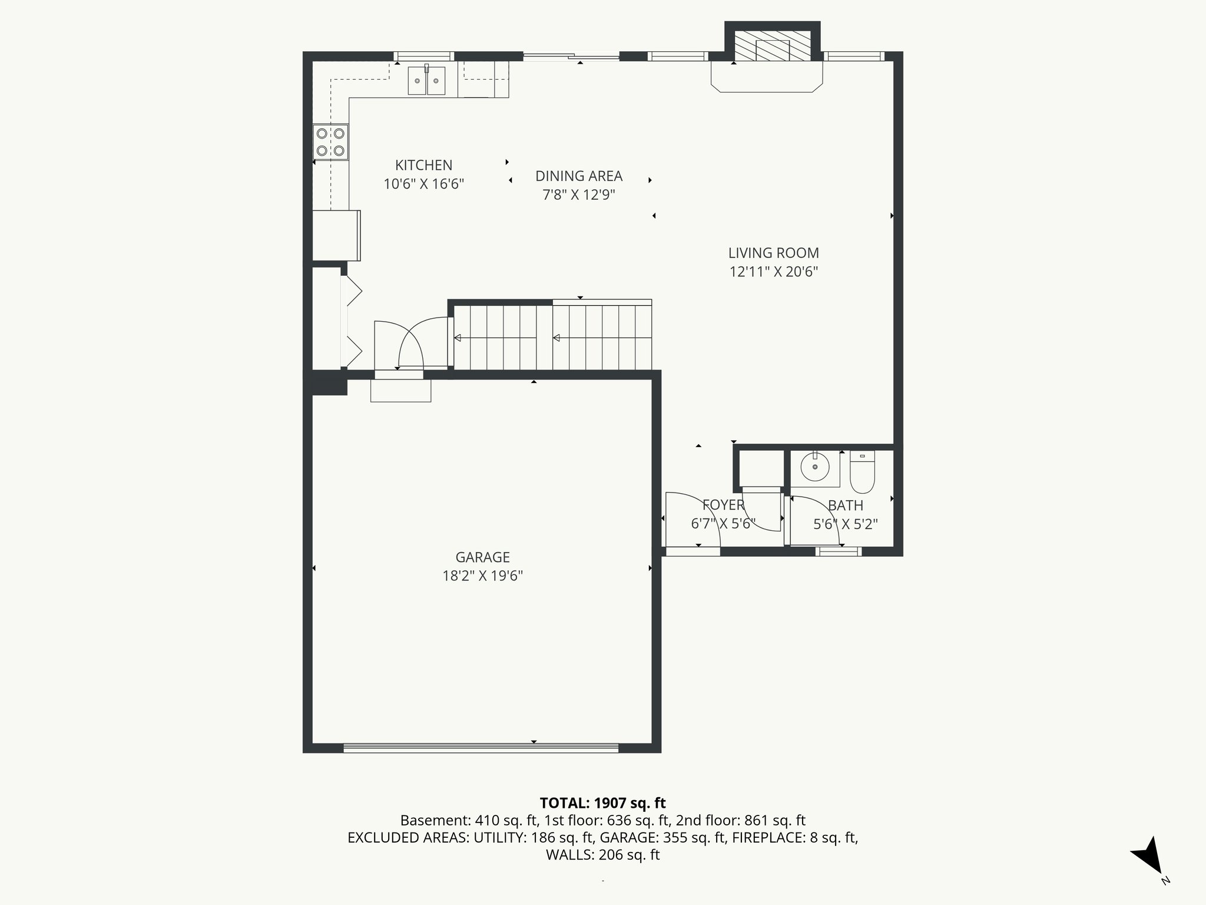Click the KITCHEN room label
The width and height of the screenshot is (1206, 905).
click(423, 166)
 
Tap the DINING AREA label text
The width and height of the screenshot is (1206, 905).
click(579, 176)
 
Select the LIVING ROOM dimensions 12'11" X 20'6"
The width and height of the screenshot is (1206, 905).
click(774, 272)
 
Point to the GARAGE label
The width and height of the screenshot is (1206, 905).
click(482, 557)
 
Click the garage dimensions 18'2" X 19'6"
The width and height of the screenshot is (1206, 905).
click(482, 576)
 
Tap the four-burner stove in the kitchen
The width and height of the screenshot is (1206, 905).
click(330, 142)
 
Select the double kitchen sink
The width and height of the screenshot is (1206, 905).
click(427, 81)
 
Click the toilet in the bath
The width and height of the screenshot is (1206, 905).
click(863, 474)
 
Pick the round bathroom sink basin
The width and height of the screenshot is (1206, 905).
click(815, 468)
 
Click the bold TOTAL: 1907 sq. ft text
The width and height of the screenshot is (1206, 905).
click(602, 803)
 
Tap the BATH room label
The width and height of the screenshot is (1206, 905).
click(846, 506)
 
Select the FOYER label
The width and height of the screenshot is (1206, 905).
click(723, 505)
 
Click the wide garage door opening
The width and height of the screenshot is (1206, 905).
click(481, 748)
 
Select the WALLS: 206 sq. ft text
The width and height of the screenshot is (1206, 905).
click(602, 855)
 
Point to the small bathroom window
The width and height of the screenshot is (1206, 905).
click(838, 551)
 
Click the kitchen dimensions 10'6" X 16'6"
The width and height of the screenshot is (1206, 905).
click(423, 184)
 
